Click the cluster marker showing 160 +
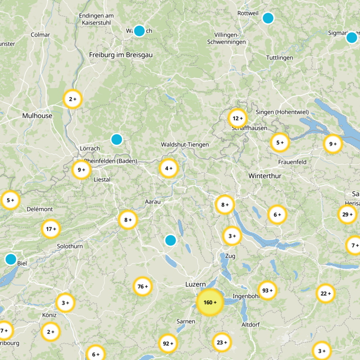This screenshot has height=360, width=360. tap(210, 302)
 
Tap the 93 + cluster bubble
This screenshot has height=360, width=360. tap(267, 291)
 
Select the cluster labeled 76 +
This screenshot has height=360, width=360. tap(143, 287)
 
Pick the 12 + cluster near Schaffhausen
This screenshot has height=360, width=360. tap(237, 119)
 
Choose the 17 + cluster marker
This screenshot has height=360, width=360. tap(51, 229)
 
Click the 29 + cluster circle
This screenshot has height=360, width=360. tap(347, 215)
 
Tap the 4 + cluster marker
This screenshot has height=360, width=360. tap(169, 169)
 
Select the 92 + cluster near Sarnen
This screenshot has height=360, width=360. tap(168, 344)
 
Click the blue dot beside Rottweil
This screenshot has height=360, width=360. tap(268, 18)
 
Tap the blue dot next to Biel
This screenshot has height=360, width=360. tap(10, 259)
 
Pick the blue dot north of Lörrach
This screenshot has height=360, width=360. tap(117, 139)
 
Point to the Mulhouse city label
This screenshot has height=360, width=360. tap(37, 116)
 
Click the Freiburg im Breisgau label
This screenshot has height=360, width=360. tap(121, 55)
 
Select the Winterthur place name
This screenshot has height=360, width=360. tap(265, 176)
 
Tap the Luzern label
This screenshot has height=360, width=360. tap(195, 284)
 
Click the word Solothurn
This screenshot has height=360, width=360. tap(70, 247)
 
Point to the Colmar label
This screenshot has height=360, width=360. tap(40, 35)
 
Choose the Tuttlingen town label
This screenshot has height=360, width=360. tap(279, 58)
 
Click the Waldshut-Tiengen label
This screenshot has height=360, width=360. tap(185, 144)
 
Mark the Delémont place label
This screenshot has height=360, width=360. tap(40, 209)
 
